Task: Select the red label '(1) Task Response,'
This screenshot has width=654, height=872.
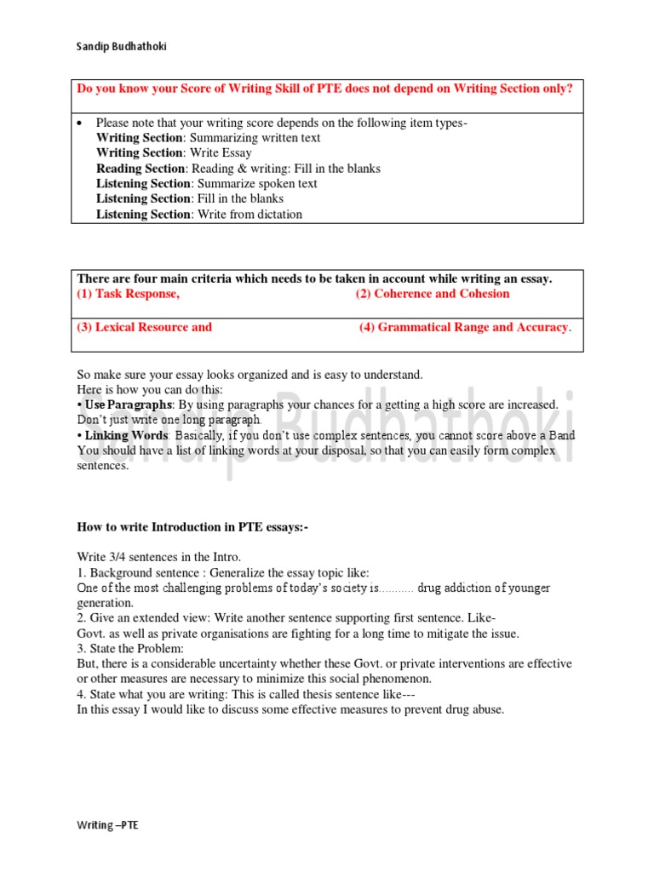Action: pyautogui.click(x=129, y=294)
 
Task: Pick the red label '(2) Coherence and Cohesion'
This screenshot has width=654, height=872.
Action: pyautogui.click(x=433, y=294)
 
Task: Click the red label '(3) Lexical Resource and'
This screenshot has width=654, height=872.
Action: pyautogui.click(x=145, y=327)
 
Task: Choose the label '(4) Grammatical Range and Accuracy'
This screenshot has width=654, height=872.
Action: pyautogui.click(x=464, y=327)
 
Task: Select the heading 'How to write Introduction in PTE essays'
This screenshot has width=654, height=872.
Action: pyautogui.click(x=192, y=528)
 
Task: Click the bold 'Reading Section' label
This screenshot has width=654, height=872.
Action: pyautogui.click(x=141, y=169)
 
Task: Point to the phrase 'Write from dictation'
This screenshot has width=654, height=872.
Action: pyautogui.click(x=250, y=215)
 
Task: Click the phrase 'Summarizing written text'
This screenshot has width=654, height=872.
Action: pyautogui.click(x=255, y=138)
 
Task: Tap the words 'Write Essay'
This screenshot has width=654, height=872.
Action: pyautogui.click(x=221, y=153)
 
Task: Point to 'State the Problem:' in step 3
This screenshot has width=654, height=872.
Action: pyautogui.click(x=136, y=649)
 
